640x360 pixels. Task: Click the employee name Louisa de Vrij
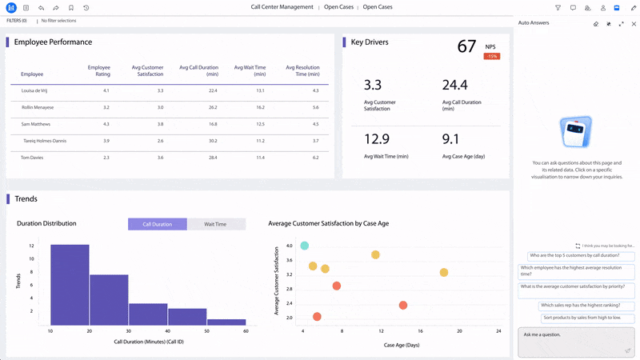pos(36,91)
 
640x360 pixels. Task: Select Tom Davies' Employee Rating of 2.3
pos(106,158)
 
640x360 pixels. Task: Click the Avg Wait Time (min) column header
pos(249,70)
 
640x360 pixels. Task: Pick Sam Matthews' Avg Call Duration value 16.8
pos(212,124)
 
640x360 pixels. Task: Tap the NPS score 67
pos(466,47)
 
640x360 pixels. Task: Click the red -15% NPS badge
pos(491,56)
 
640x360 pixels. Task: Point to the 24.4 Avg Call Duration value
pos(454,85)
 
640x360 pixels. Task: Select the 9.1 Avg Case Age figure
pos(450,139)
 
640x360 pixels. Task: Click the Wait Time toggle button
pos(215,224)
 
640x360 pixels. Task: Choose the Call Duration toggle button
pos(157,224)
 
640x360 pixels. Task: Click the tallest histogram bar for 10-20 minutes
pos(70,284)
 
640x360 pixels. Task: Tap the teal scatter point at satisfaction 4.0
pos(304,246)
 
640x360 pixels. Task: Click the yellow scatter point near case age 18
pos(443,273)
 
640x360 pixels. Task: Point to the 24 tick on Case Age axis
pos(498,330)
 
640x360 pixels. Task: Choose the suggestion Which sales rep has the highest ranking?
pos(586,305)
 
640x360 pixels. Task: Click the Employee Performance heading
pos(53,42)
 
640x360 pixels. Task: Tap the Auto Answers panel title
pos(534,23)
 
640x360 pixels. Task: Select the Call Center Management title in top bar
pos(282,7)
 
